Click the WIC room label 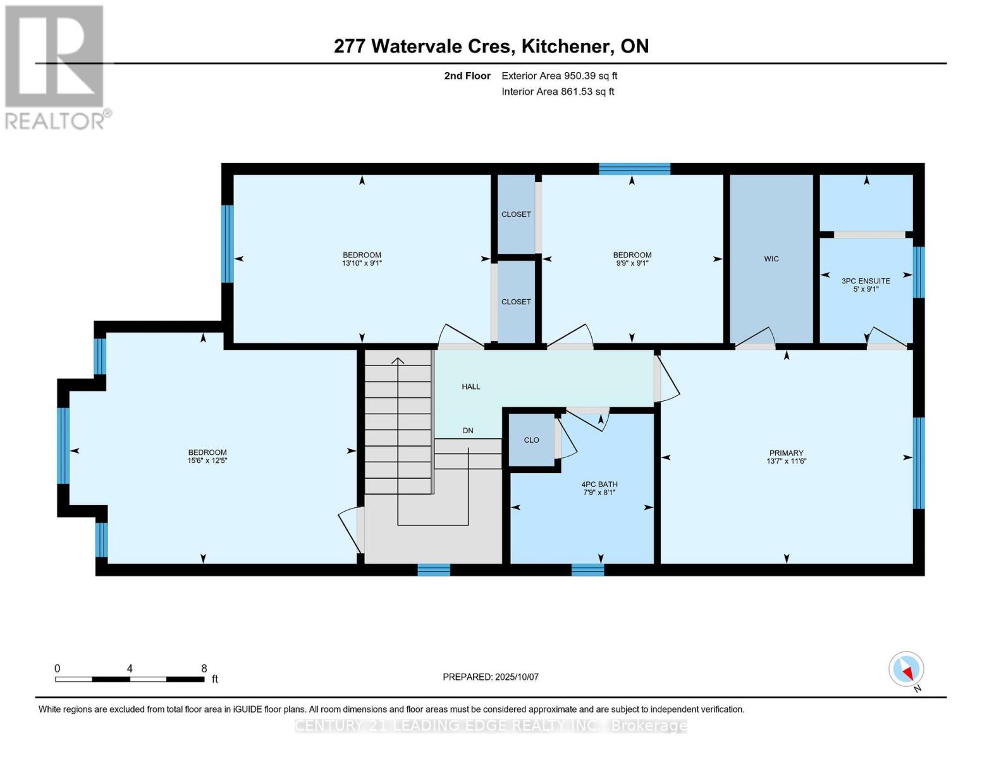tap(771, 259)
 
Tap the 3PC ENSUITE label tap(866, 281)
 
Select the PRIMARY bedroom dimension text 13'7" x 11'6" tap(786, 461)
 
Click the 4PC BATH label tap(599, 484)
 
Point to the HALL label tap(470, 386)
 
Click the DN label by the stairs tap(468, 431)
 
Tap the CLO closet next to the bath tap(531, 440)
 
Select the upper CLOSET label tap(516, 214)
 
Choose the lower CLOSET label tap(516, 302)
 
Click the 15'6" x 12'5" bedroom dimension tap(207, 461)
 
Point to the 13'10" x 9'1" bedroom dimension tap(362, 263)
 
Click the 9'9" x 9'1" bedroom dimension tap(632, 263)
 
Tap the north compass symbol tap(907, 670)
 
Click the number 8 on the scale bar tap(204, 669)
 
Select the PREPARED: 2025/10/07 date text tap(491, 677)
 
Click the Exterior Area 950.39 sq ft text tap(559, 76)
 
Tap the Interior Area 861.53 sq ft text tap(558, 92)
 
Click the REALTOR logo tap(56, 66)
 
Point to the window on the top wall tap(634, 169)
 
